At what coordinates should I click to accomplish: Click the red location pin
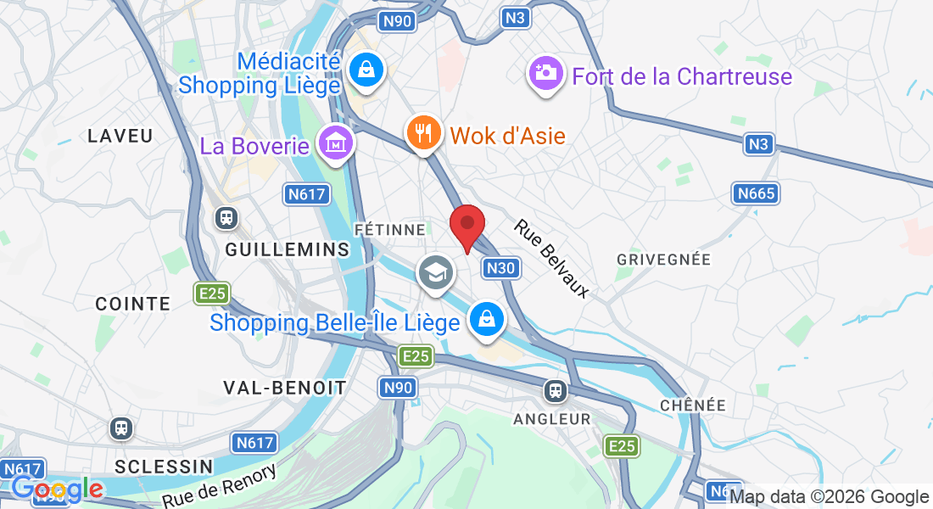tap(466, 226)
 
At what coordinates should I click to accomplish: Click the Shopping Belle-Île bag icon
tap(488, 320)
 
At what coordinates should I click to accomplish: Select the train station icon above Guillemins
tap(226, 218)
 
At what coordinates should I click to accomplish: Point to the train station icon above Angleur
tap(556, 390)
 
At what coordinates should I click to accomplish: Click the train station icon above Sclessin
tap(121, 428)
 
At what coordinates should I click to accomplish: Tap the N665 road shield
tap(756, 194)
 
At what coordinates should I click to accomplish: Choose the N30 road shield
tap(500, 269)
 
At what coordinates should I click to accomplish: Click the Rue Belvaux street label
tap(551, 258)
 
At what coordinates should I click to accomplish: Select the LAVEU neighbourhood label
tap(120, 136)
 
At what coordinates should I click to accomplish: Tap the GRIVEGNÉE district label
tap(663, 259)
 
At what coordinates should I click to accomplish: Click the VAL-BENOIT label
tap(284, 388)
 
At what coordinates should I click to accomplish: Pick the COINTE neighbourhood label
tap(133, 304)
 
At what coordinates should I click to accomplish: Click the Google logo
tap(57, 489)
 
